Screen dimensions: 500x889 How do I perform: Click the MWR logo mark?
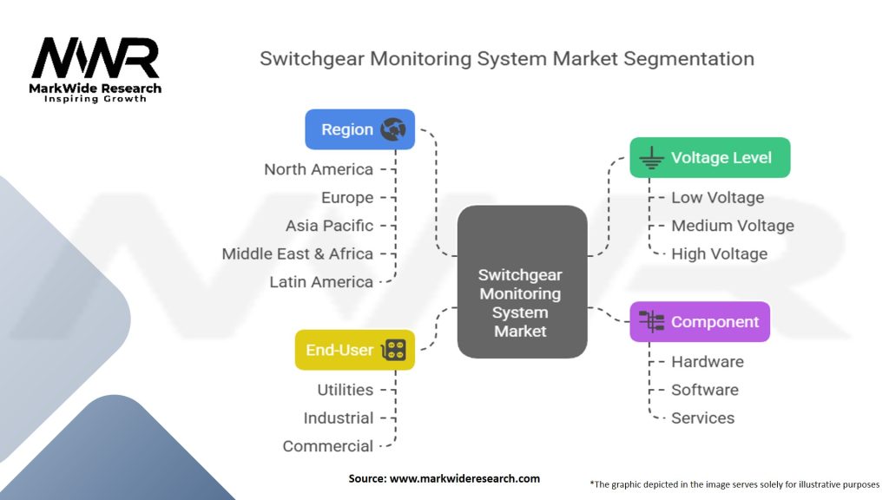pos(95,59)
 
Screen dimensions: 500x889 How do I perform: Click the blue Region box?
pos(359,129)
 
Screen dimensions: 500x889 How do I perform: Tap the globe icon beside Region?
pos(392,129)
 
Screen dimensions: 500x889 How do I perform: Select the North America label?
pos(319,169)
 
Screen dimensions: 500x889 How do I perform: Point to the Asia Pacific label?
pos(329,226)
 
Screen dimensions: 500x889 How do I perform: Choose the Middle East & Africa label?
pos(297,253)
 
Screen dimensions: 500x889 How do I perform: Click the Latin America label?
pos(321,282)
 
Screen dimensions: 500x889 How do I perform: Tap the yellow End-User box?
pos(354,350)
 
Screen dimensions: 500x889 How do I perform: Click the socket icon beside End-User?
pos(394,350)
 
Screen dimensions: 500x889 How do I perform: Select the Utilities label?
pos(345,390)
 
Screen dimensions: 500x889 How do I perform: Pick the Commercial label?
pos(327,446)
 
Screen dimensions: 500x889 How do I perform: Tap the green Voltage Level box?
pos(709,158)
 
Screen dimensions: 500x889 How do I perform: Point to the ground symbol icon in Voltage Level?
pos(651,158)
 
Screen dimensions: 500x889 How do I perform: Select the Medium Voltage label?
pos(732,226)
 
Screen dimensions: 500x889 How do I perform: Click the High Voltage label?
pos(719,254)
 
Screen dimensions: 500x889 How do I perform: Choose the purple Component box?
pos(699,322)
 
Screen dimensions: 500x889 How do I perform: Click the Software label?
pos(704,390)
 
